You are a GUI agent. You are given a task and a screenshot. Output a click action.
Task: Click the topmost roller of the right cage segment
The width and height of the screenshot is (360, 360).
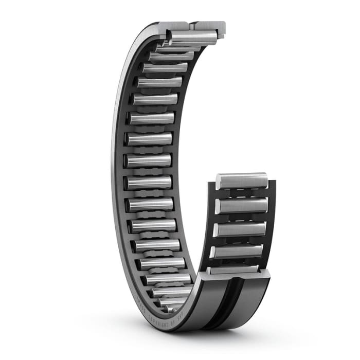pos(242,181)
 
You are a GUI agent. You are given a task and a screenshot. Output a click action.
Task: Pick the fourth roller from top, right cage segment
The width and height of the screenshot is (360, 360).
pos(238,251)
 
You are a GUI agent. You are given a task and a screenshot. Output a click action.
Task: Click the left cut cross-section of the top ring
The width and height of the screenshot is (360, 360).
pos(172,26)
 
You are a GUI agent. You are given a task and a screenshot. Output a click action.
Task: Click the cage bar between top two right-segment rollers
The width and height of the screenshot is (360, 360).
pos(242,193)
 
